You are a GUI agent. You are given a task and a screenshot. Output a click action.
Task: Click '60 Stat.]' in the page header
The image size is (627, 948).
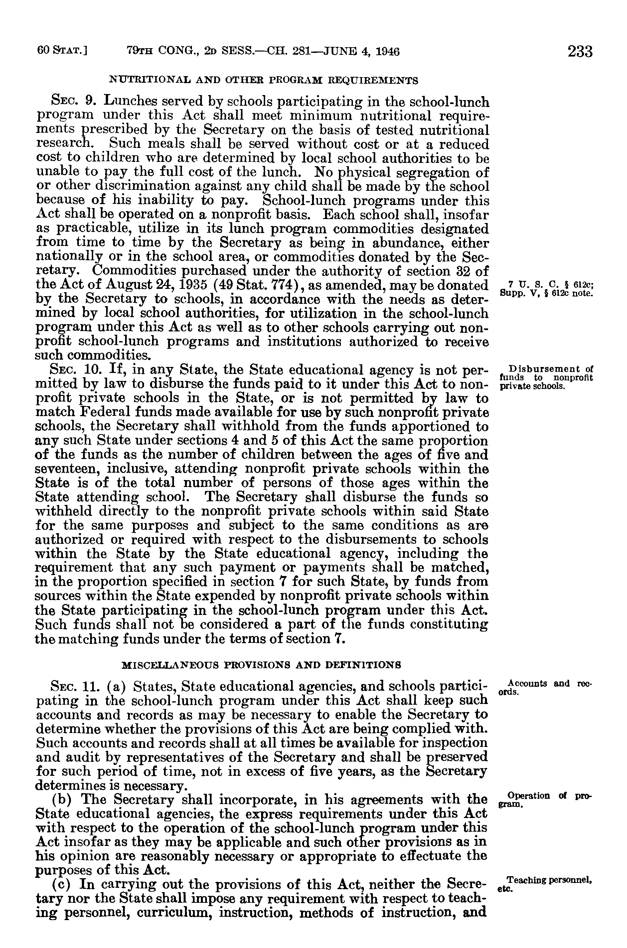click(x=63, y=51)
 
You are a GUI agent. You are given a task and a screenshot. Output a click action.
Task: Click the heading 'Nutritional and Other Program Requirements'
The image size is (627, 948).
click(x=263, y=80)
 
